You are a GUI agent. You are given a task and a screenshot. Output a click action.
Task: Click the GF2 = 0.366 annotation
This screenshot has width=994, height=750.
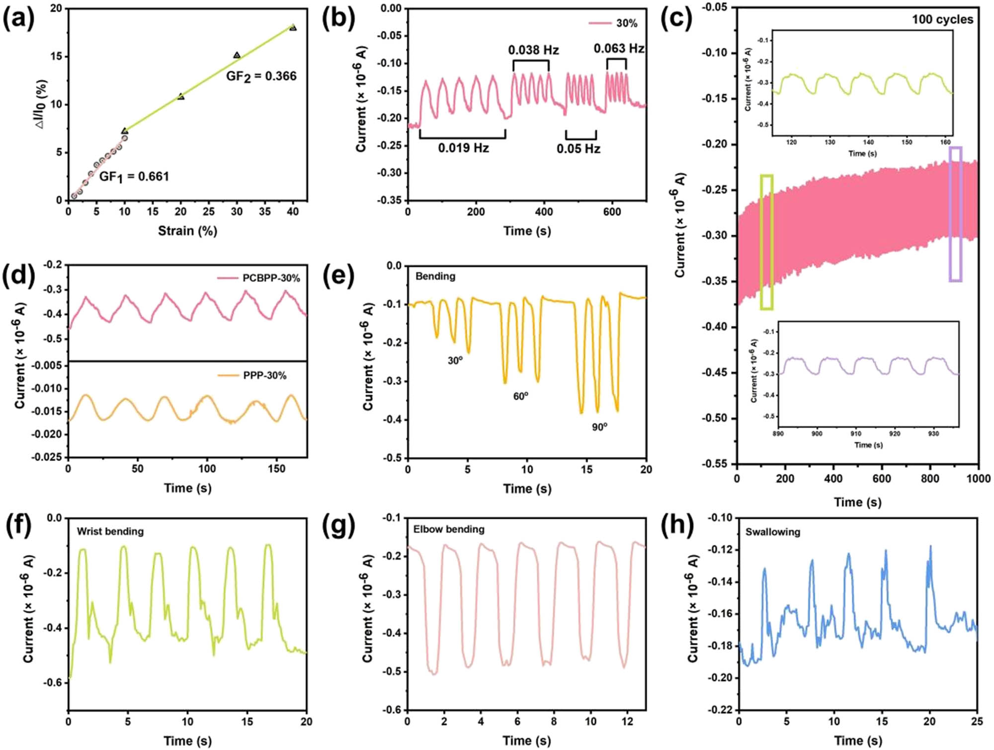(261, 76)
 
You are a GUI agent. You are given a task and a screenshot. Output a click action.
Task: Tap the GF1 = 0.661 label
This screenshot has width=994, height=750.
(134, 177)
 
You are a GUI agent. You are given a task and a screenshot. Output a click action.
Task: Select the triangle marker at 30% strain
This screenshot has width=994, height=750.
(237, 55)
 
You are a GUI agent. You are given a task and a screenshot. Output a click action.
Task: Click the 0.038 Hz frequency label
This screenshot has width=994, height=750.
(533, 50)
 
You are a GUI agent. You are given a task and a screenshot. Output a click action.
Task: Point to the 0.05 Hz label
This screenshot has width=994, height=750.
(578, 149)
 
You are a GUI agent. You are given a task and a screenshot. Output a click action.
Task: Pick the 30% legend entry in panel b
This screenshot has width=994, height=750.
(613, 23)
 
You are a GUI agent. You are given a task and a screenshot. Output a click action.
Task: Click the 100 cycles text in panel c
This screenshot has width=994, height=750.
(942, 19)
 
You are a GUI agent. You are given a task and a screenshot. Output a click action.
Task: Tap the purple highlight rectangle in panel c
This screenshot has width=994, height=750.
(955, 214)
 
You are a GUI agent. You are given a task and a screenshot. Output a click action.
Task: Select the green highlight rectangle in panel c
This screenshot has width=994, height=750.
(766, 242)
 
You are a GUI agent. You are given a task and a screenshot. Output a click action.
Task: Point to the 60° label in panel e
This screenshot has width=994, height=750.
(520, 396)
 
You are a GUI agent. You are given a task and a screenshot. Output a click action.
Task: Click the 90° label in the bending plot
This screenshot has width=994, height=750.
(599, 427)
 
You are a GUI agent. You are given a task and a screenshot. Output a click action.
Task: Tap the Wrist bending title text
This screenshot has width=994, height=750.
(110, 532)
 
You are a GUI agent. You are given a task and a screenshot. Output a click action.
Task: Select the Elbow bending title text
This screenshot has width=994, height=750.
(448, 529)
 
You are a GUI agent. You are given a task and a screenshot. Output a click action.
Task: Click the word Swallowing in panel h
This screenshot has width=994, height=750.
(772, 532)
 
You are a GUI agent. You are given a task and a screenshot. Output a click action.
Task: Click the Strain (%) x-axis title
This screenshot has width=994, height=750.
(187, 231)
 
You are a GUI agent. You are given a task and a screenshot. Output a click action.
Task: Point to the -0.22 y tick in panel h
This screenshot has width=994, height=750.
(719, 710)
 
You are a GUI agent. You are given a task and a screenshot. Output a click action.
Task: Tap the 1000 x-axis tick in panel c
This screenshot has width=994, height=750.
(978, 478)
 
